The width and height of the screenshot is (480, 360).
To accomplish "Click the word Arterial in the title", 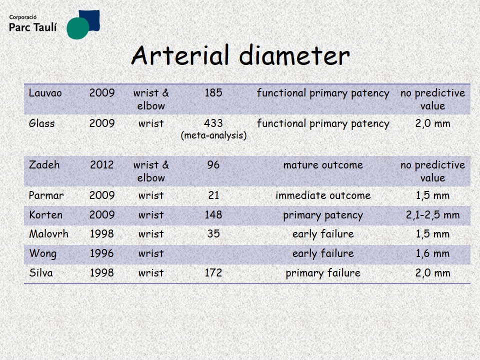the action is point(180,55).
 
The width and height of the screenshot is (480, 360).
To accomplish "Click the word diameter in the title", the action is point(294,55).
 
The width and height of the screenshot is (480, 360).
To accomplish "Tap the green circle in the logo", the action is point(78,28).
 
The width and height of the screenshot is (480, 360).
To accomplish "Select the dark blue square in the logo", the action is point(89,20).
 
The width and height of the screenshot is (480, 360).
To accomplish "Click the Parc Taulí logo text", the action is point(33,27).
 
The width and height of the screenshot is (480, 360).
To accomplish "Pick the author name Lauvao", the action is point(45,93).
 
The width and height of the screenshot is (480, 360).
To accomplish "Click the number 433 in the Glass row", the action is point(213,123).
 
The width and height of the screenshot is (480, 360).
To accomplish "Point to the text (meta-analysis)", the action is point(213,135).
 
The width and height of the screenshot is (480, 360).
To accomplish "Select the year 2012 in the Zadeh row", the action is point(102,164).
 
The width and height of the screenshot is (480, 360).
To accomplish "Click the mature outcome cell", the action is point(323,165).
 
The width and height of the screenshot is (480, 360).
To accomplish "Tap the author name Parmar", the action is point(46,195).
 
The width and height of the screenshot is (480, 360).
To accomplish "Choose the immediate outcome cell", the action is point(323,195).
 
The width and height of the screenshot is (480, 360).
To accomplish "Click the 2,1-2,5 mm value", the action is point(433,215).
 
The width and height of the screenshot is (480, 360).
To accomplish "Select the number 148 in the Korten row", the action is point(213,214).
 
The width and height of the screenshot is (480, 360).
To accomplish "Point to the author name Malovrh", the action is point(48,234).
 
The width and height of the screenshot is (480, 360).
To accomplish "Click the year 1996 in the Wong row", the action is point(102,253).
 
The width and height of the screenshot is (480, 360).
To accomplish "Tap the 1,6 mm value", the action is point(432,253).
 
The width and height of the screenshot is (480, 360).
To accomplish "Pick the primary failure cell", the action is point(323,273).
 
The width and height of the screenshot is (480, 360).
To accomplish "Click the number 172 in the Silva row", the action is point(213,272).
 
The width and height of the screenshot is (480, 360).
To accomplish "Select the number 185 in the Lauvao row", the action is point(213,92).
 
